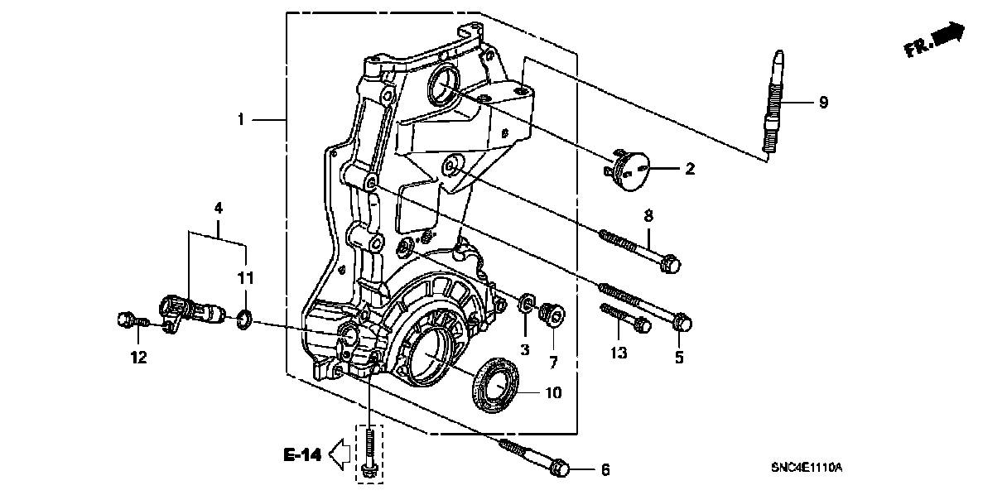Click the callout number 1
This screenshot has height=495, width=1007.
[x=241, y=120]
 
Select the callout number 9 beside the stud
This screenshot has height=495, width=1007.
[x=823, y=103]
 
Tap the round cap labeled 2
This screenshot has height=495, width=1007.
[x=628, y=169]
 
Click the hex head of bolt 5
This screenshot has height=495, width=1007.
[x=682, y=321]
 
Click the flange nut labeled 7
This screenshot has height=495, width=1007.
[x=552, y=313]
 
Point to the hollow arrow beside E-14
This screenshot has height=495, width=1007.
[x=340, y=454]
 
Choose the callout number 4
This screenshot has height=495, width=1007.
[x=219, y=209]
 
